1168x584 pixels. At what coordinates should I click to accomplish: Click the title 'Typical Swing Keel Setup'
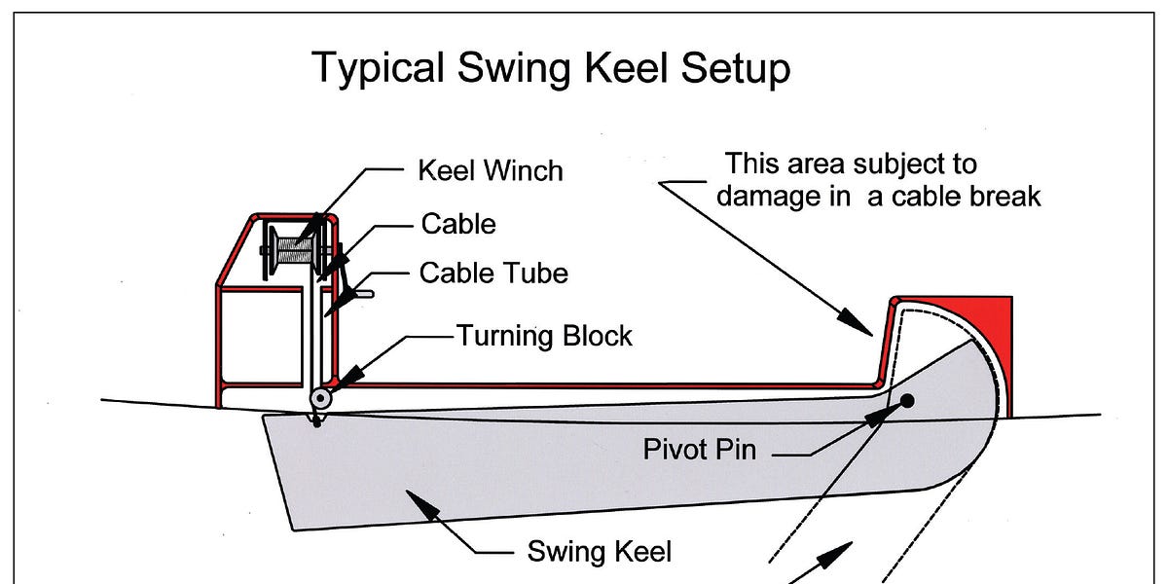click(x=550, y=69)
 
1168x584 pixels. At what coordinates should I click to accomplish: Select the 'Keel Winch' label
click(x=490, y=171)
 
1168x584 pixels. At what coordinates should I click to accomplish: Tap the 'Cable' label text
click(x=457, y=224)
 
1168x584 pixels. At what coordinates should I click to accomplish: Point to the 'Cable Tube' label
click(x=493, y=274)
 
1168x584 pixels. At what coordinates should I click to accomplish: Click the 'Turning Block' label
click(x=544, y=337)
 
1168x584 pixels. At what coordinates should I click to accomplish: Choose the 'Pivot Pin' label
click(x=699, y=450)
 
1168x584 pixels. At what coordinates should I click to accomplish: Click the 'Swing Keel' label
click(x=599, y=552)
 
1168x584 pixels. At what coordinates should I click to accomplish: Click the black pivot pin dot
click(x=907, y=400)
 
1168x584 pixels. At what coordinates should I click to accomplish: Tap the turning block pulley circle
click(x=319, y=399)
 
